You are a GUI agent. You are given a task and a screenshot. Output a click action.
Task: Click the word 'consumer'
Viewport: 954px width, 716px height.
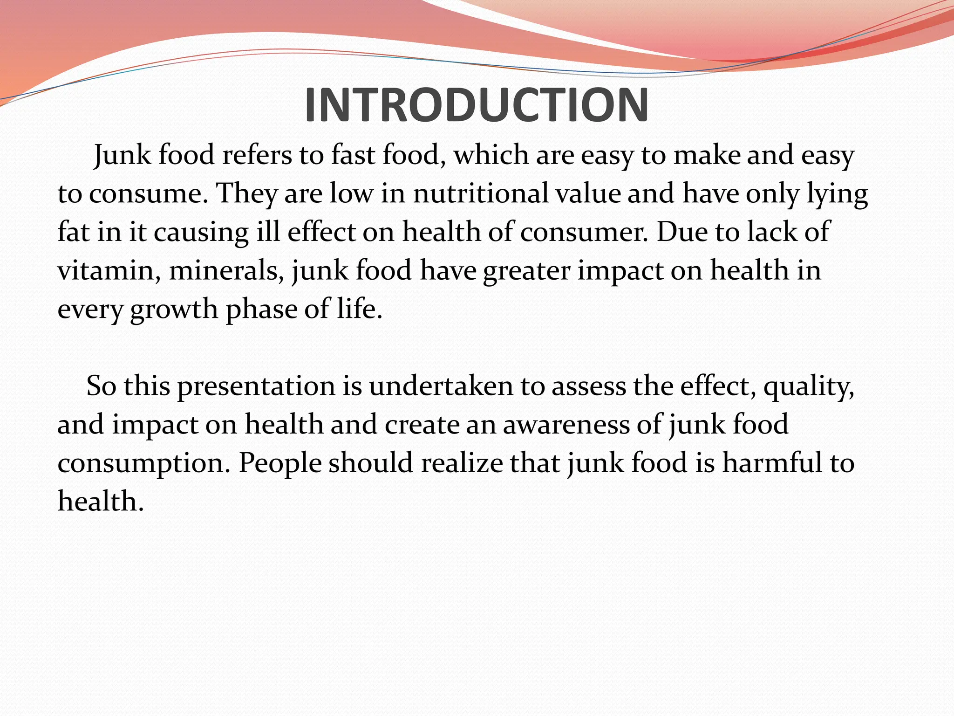tap(583, 232)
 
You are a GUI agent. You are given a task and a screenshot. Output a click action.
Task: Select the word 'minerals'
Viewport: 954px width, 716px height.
tap(226, 270)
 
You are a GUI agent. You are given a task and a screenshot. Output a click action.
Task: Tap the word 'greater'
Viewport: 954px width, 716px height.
tap(526, 271)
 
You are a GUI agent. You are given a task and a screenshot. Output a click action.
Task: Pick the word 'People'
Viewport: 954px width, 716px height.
tap(280, 464)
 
